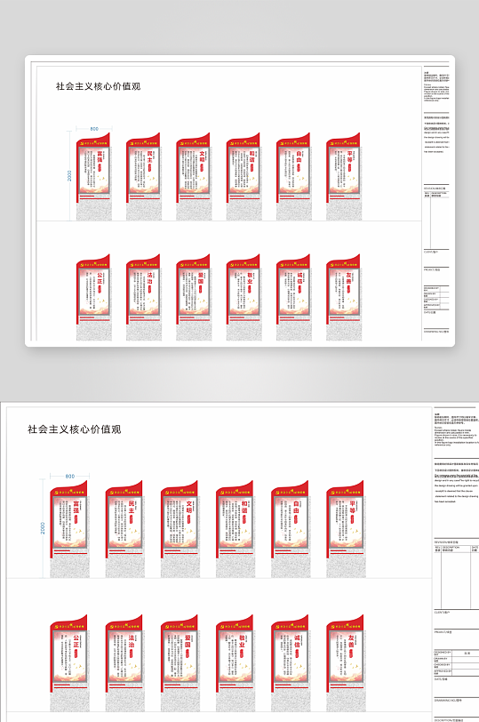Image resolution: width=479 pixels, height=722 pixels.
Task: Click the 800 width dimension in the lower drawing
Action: point(70,477)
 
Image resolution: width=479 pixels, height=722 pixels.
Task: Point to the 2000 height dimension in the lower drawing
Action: point(42,528)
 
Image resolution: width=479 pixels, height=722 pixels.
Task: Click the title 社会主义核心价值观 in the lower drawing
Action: point(74,429)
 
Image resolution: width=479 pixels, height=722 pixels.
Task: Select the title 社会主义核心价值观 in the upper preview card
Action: point(98,86)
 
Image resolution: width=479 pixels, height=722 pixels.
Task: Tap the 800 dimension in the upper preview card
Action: point(94,129)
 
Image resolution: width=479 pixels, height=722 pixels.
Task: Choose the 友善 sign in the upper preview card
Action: point(343,298)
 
